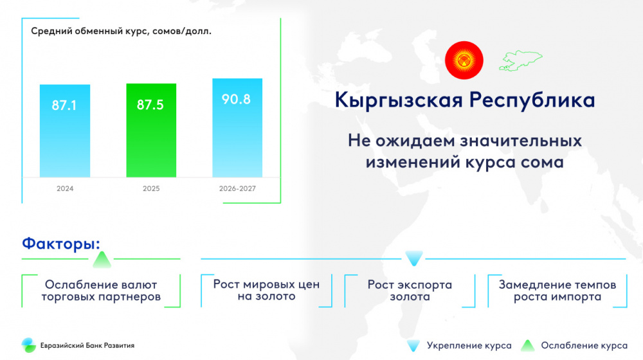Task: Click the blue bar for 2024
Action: pos(65,130)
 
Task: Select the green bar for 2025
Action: pos(151,130)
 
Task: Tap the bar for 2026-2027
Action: pos(237,127)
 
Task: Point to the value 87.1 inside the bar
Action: pos(64,105)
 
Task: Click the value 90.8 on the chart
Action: pos(236,99)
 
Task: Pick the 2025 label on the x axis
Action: pos(151,188)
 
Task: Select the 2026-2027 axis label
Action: pos(237,188)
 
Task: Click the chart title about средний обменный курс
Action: pos(122,31)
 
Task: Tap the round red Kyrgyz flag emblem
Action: pos(464,60)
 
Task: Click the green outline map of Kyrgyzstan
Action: pos(520,60)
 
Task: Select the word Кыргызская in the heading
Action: pos(399,100)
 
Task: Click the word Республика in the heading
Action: pos(532,100)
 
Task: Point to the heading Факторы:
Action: pos(61,244)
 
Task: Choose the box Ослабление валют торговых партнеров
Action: pos(101,291)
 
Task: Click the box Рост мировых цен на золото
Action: pos(267,291)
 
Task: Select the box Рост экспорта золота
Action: pos(410,291)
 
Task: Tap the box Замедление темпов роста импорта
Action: pos(557,291)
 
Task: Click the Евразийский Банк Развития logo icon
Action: pos(29,345)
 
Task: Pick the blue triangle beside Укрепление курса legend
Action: pos(413,346)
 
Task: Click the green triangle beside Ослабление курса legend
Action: pos(528,346)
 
